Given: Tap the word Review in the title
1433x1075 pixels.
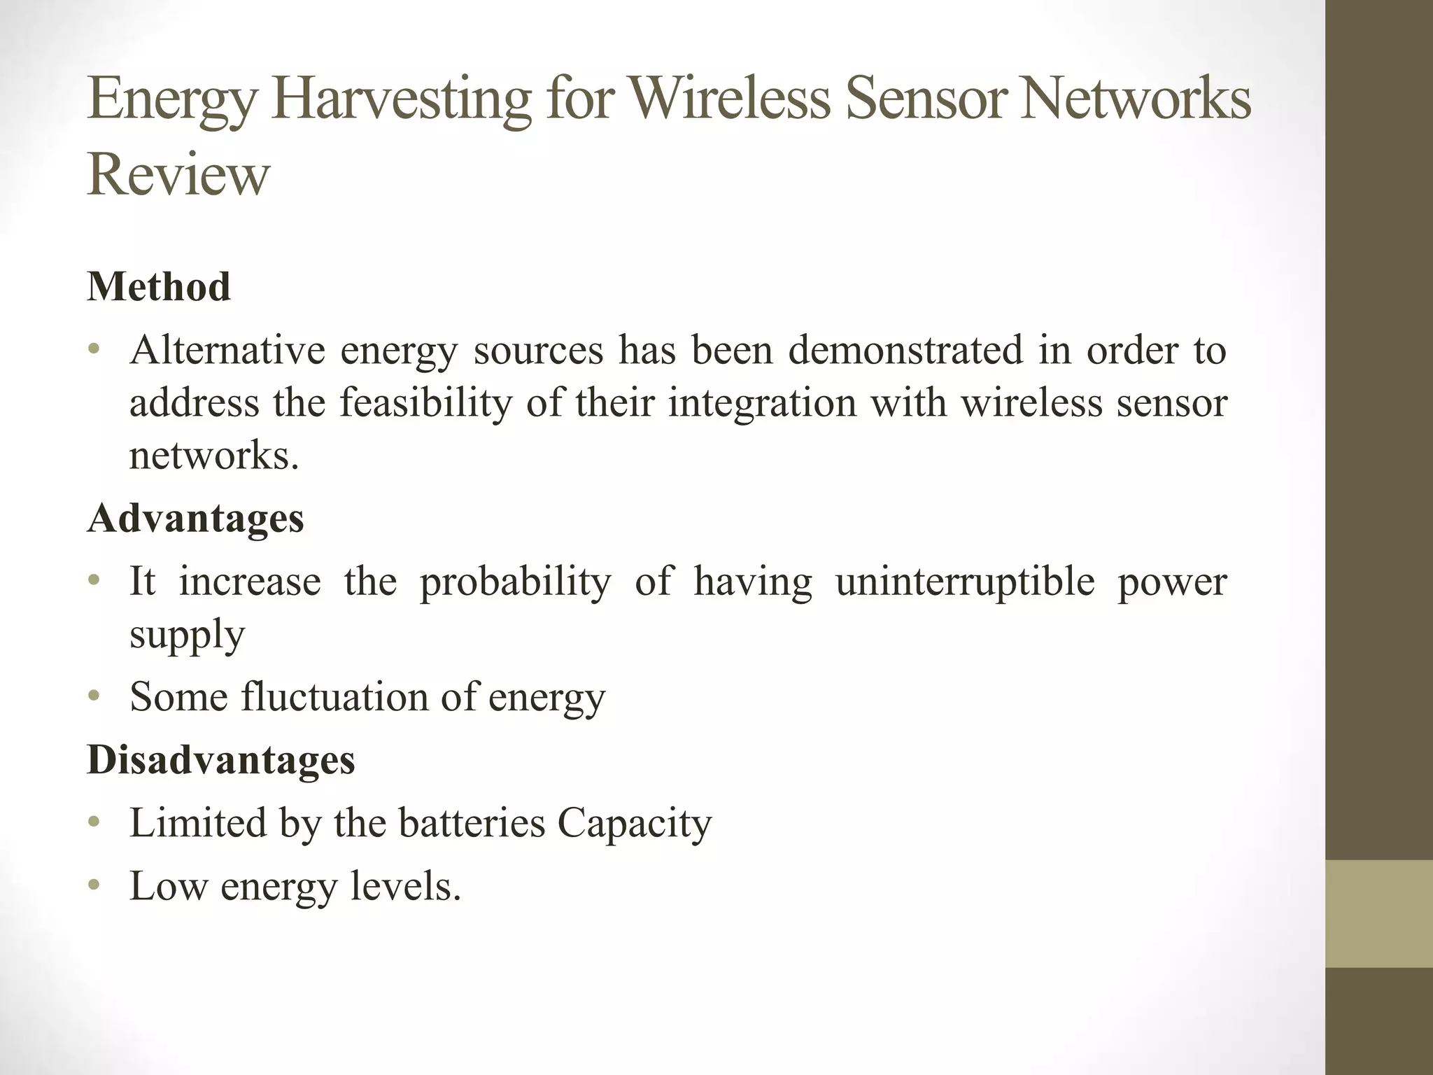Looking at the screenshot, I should pos(178,175).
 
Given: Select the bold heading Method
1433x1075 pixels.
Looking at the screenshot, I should pos(159,287).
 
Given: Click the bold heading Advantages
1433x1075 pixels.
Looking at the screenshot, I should pos(196,519).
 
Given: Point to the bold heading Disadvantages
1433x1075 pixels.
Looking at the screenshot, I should pos(221,760).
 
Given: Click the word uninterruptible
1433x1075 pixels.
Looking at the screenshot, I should pos(965,582).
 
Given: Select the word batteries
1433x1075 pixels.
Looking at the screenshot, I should pos(472,823).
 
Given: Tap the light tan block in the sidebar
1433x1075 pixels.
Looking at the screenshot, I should pos(1379,914).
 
